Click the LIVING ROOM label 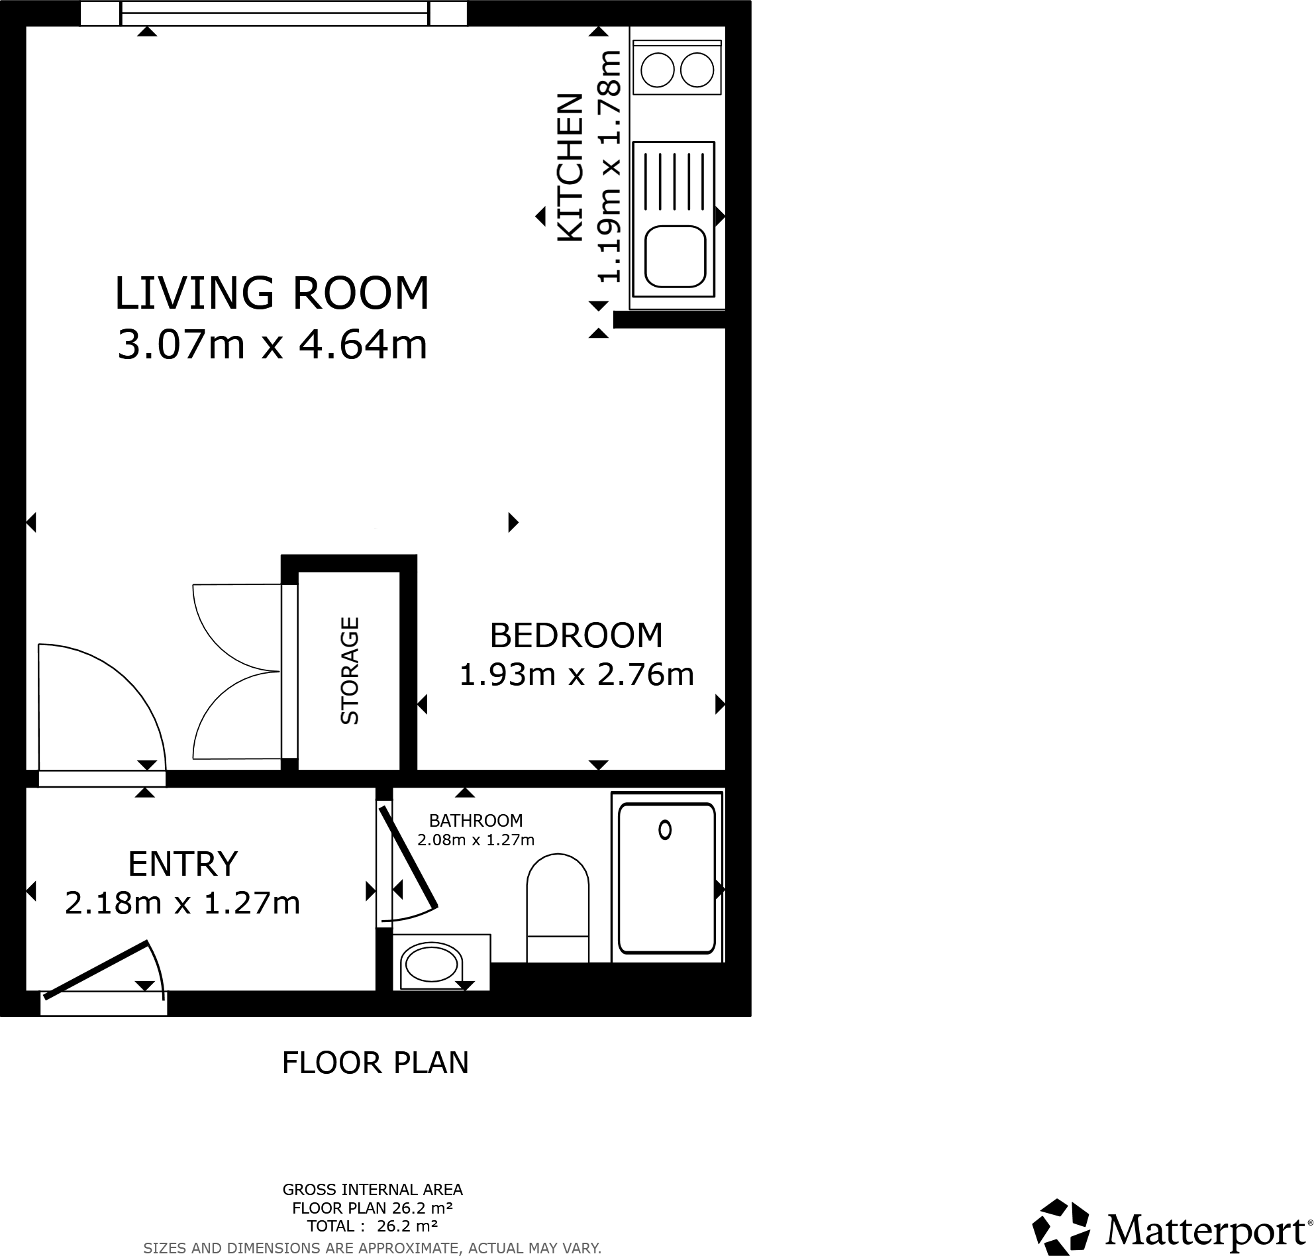tap(271, 293)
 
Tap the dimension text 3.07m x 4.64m tap(271, 346)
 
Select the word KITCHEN tap(570, 168)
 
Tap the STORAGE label tap(350, 670)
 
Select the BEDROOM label tap(576, 635)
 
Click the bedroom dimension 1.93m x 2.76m tap(576, 675)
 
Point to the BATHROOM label tap(476, 820)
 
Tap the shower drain tap(664, 830)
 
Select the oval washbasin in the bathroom tap(431, 965)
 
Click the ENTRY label tap(183, 864)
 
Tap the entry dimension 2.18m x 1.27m tap(182, 903)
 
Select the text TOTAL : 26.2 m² tap(372, 1226)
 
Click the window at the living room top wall tap(274, 13)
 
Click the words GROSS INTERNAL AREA tap(372, 1189)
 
